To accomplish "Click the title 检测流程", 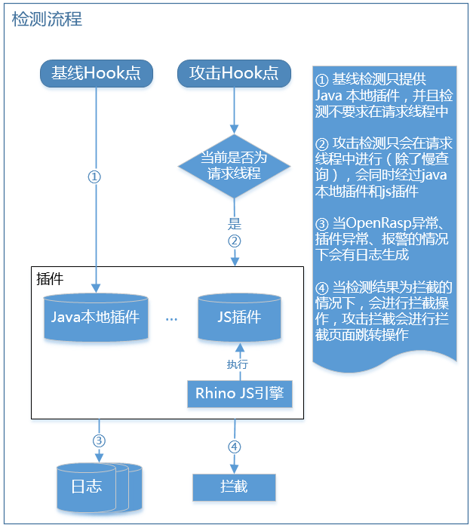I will coord(47,19).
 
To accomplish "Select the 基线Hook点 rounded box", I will coord(95,73).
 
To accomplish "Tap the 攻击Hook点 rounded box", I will coord(234,73).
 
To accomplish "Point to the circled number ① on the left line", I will coord(95,177).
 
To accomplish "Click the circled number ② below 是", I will coord(234,241).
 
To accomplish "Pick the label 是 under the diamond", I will coord(234,224).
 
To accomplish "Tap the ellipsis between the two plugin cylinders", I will coord(171,319).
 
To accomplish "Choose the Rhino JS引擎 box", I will coord(239,394).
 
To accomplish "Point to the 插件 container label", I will coord(50,278).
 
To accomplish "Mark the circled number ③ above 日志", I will coord(98,441).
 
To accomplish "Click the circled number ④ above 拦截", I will coord(234,447).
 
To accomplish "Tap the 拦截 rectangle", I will coord(234,487).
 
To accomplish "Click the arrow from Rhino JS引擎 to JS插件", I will coord(240,361).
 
